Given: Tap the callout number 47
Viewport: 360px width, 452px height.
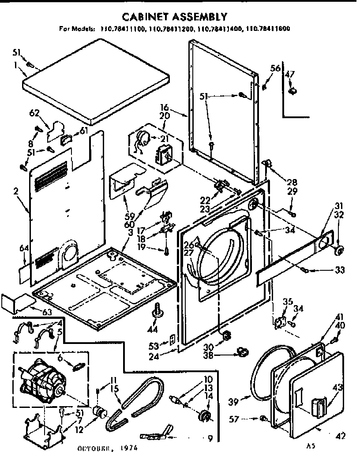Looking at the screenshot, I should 289,74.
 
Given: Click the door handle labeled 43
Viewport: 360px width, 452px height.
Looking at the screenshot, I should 319,406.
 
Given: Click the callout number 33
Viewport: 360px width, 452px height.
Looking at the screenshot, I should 339,270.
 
